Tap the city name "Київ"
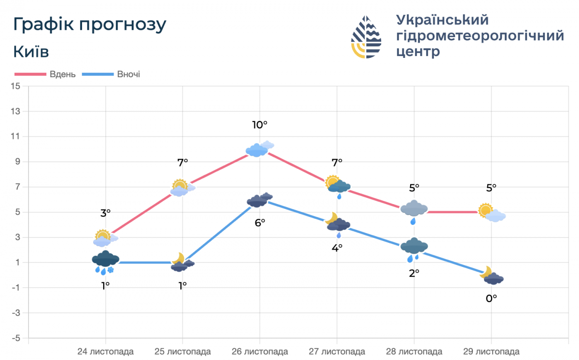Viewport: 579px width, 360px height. pyautogui.click(x=31, y=52)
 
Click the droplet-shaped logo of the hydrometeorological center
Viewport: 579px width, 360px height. pyautogui.click(x=366, y=37)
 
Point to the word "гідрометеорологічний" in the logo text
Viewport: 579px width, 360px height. pyautogui.click(x=480, y=36)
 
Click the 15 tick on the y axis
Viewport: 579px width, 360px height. pyautogui.click(x=15, y=86)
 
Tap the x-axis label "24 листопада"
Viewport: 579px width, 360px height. pyautogui.click(x=106, y=351)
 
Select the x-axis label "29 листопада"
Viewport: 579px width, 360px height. pyautogui.click(x=491, y=351)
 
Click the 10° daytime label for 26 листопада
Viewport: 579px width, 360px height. pyautogui.click(x=260, y=125)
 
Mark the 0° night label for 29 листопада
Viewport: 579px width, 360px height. pyautogui.click(x=491, y=299)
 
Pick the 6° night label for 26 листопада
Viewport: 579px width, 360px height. pyautogui.click(x=260, y=223)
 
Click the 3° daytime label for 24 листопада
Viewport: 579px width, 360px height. pyautogui.click(x=105, y=212)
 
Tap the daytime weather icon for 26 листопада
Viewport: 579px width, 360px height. pyautogui.click(x=260, y=150)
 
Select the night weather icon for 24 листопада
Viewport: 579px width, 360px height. pyautogui.click(x=106, y=263)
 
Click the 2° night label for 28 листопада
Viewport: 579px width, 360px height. pyautogui.click(x=414, y=273)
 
